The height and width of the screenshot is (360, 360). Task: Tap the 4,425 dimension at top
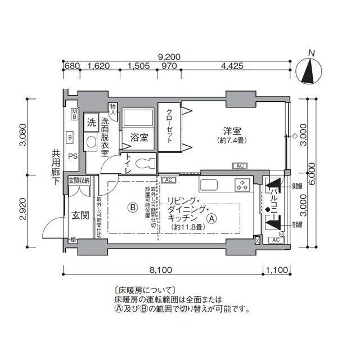[232, 66]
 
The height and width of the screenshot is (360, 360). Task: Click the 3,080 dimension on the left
[22, 135]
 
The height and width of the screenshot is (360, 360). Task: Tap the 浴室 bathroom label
[139, 137]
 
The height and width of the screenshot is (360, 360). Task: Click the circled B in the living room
[132, 207]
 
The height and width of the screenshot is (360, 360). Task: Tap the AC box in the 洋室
[240, 166]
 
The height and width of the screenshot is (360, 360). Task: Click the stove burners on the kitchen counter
[242, 184]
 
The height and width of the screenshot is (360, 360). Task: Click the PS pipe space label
[73, 156]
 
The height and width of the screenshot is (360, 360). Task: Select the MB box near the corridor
[74, 114]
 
